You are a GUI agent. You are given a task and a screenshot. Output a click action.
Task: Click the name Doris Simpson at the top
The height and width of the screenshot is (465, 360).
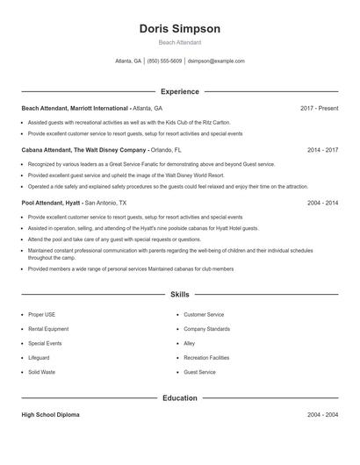tap(179, 29)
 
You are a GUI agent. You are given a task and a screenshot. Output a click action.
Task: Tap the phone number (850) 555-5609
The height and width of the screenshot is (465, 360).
tap(164, 61)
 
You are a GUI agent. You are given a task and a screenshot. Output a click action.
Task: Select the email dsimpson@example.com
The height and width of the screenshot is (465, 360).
tap(216, 61)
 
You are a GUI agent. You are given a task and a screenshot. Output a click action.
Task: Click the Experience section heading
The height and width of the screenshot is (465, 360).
tap(179, 91)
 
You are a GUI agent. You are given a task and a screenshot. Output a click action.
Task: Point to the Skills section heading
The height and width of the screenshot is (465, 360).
tap(179, 296)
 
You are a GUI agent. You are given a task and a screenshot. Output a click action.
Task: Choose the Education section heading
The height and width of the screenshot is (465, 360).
tap(179, 398)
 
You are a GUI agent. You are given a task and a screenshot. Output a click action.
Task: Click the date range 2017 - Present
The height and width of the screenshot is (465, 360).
tap(319, 108)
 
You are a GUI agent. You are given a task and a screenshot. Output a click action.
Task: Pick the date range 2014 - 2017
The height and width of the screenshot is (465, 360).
tap(322, 150)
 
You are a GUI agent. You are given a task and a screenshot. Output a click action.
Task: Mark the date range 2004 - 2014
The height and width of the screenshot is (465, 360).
tap(322, 203)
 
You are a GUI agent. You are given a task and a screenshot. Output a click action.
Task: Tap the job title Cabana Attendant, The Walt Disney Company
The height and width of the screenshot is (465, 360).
tap(83, 150)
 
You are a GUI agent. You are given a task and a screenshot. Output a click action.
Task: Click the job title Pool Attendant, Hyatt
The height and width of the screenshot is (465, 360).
tap(52, 203)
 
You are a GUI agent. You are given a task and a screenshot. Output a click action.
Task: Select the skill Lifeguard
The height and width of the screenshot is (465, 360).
tap(39, 358)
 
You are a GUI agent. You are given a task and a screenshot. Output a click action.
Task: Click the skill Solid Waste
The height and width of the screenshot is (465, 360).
tap(41, 372)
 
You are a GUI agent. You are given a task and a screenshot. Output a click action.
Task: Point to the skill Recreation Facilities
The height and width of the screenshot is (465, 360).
tap(206, 358)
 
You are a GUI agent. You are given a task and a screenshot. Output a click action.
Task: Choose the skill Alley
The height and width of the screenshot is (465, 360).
tap(189, 343)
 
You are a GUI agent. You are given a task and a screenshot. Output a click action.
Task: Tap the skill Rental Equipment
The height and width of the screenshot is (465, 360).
tap(47, 329)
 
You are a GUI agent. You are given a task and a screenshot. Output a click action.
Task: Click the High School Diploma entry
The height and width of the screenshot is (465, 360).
tap(50, 414)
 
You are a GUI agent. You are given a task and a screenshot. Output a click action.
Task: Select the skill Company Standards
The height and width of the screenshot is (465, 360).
tap(206, 329)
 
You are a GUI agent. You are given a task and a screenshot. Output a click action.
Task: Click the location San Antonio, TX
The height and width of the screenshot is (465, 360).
tap(105, 203)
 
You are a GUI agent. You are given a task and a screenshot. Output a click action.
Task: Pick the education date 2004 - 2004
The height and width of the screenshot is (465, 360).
tap(322, 414)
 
